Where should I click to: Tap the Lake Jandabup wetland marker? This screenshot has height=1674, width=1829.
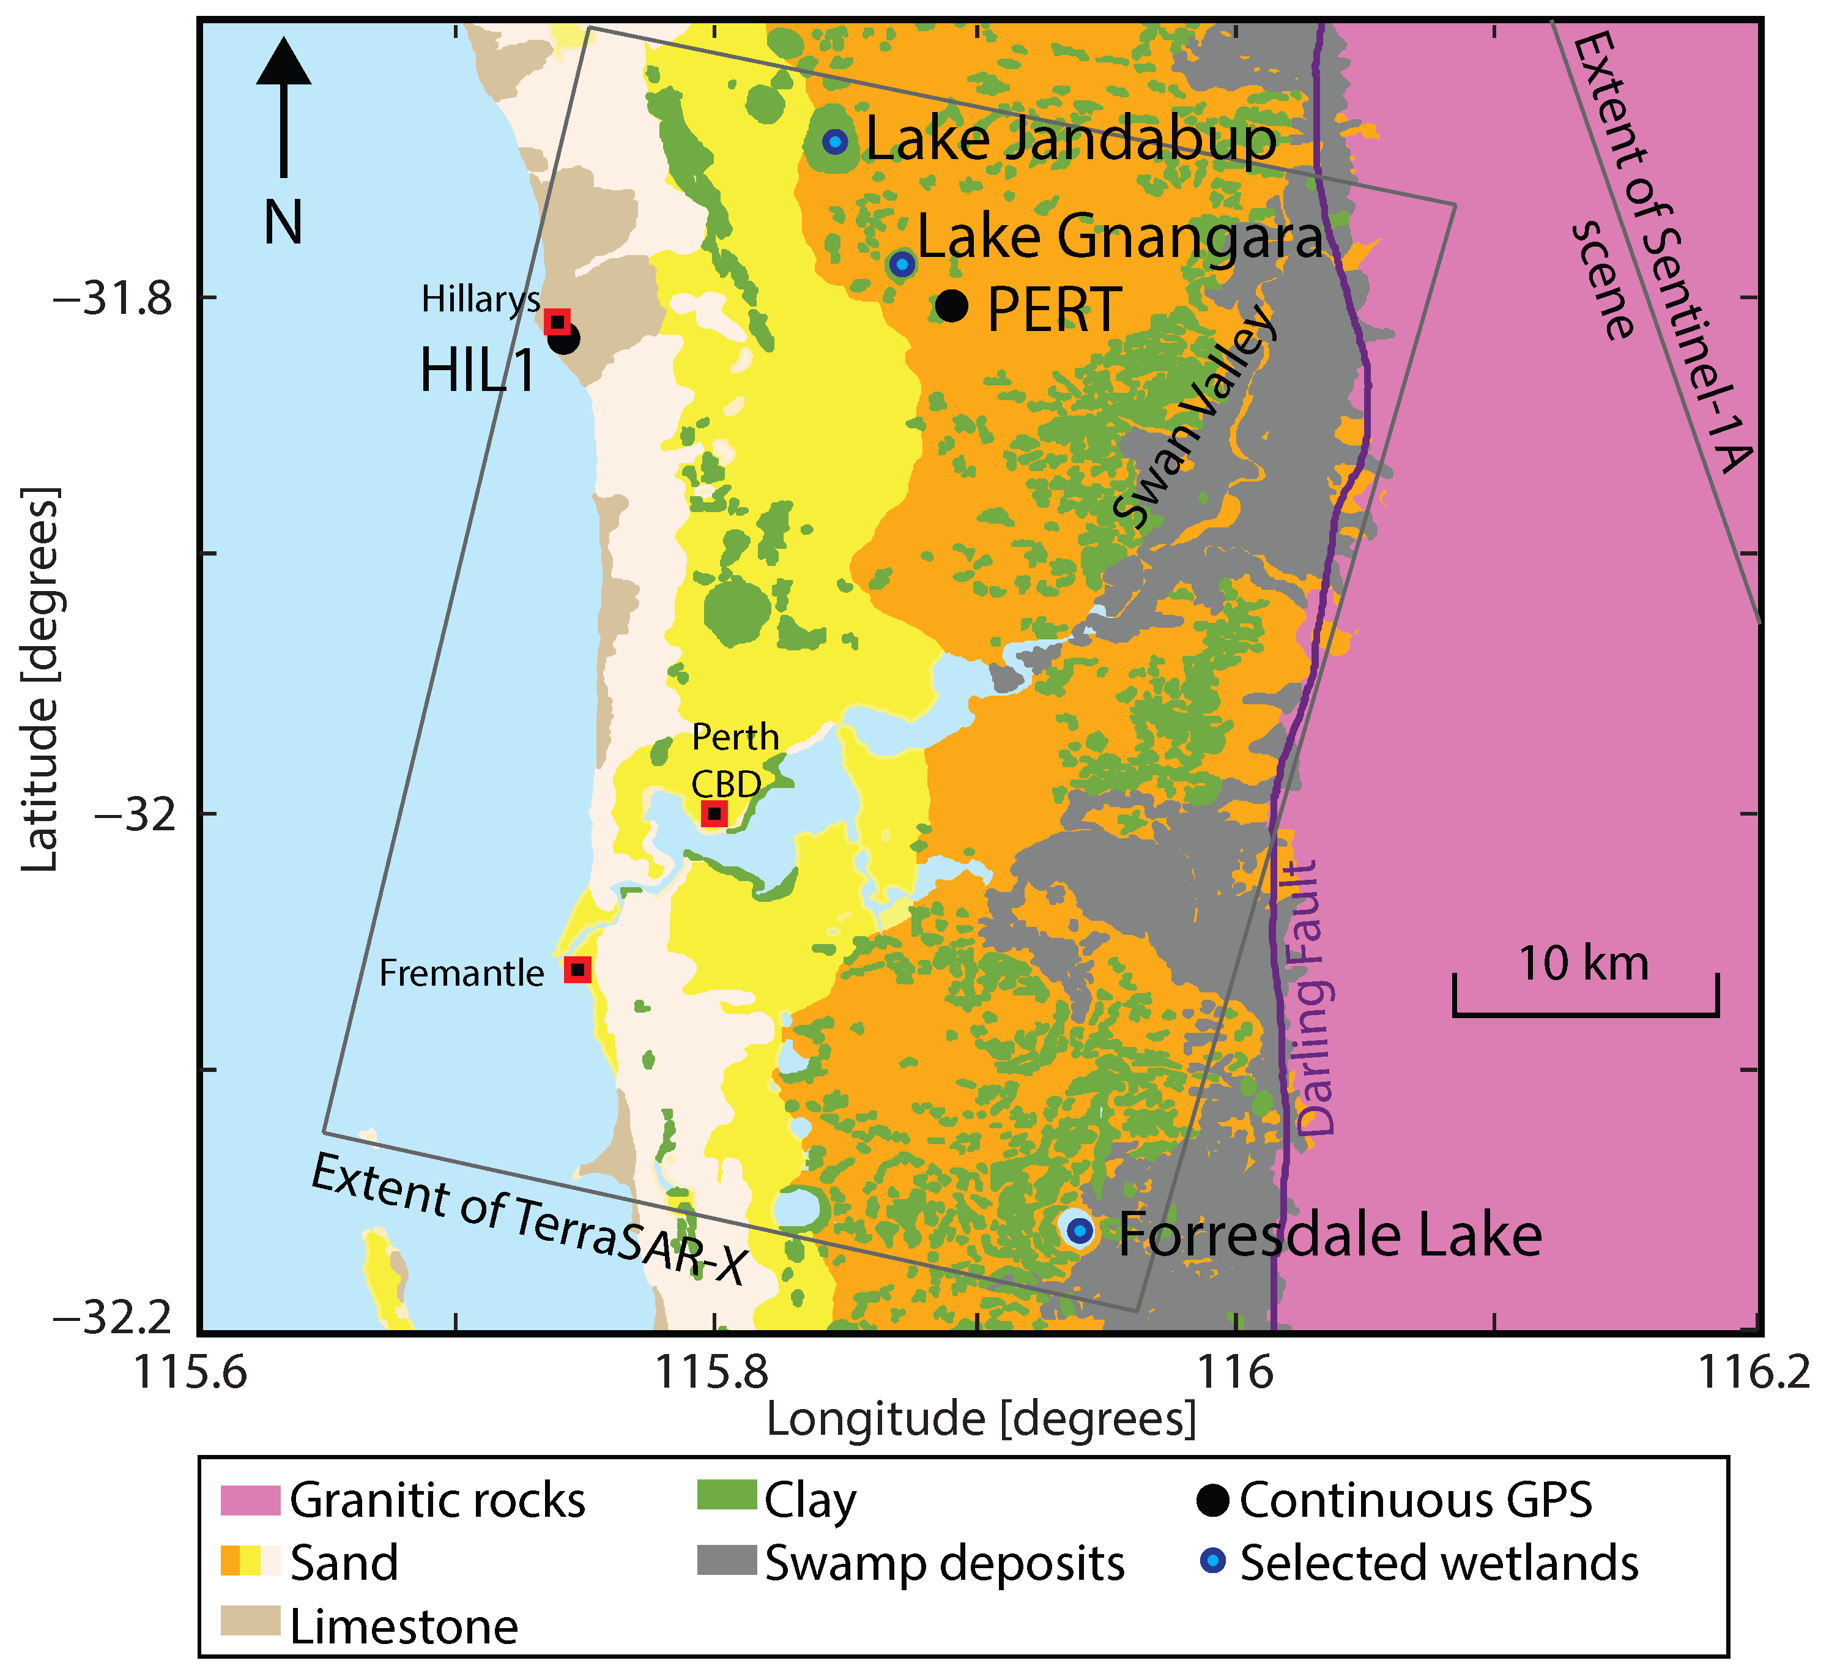click(834, 141)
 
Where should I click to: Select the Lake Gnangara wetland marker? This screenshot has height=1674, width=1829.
click(902, 264)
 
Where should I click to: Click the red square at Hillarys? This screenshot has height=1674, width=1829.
click(557, 321)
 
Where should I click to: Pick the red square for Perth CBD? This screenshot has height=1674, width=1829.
click(714, 813)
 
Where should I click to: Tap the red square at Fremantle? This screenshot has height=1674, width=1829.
click(578, 969)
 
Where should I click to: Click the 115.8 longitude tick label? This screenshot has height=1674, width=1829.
click(714, 1372)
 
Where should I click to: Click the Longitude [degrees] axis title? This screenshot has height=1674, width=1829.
click(981, 1419)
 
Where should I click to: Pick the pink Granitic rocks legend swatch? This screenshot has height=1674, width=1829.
click(250, 1500)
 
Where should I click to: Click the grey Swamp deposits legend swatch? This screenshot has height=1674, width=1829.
click(726, 1560)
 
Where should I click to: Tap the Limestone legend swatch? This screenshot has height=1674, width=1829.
click(250, 1621)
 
